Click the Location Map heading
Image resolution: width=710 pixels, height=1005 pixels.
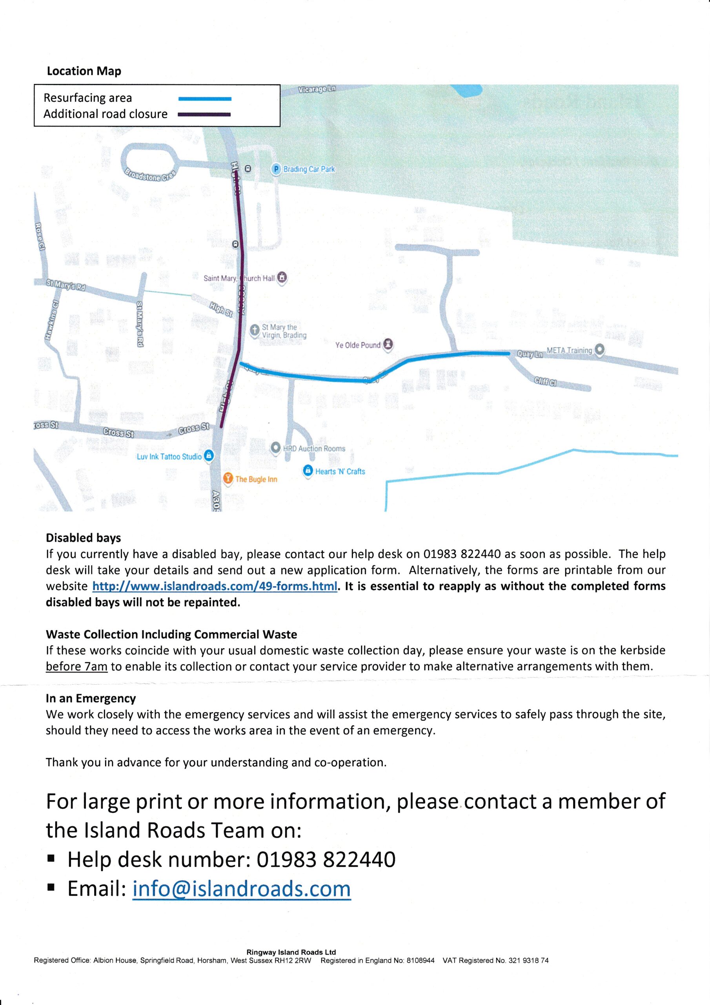coord(84,71)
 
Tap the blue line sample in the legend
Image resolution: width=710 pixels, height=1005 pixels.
coord(205,99)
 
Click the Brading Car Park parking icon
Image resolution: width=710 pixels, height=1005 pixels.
coord(276,169)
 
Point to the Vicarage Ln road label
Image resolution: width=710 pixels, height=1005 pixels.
coord(317,89)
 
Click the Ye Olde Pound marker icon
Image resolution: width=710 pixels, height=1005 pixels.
coord(388,344)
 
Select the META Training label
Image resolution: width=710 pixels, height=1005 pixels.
coord(569,351)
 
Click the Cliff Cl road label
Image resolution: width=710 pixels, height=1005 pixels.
coord(544,382)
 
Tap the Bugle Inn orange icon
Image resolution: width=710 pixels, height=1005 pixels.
coord(228,479)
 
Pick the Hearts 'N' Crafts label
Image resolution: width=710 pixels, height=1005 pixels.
coord(340,471)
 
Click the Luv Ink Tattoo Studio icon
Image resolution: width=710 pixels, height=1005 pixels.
coord(209,456)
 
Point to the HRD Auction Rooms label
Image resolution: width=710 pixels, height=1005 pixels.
coord(314,449)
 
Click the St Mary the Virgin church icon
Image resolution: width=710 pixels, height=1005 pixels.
coord(255,330)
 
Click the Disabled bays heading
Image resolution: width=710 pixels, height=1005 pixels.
coord(83,537)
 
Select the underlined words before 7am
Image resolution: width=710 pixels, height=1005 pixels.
coord(76,667)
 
